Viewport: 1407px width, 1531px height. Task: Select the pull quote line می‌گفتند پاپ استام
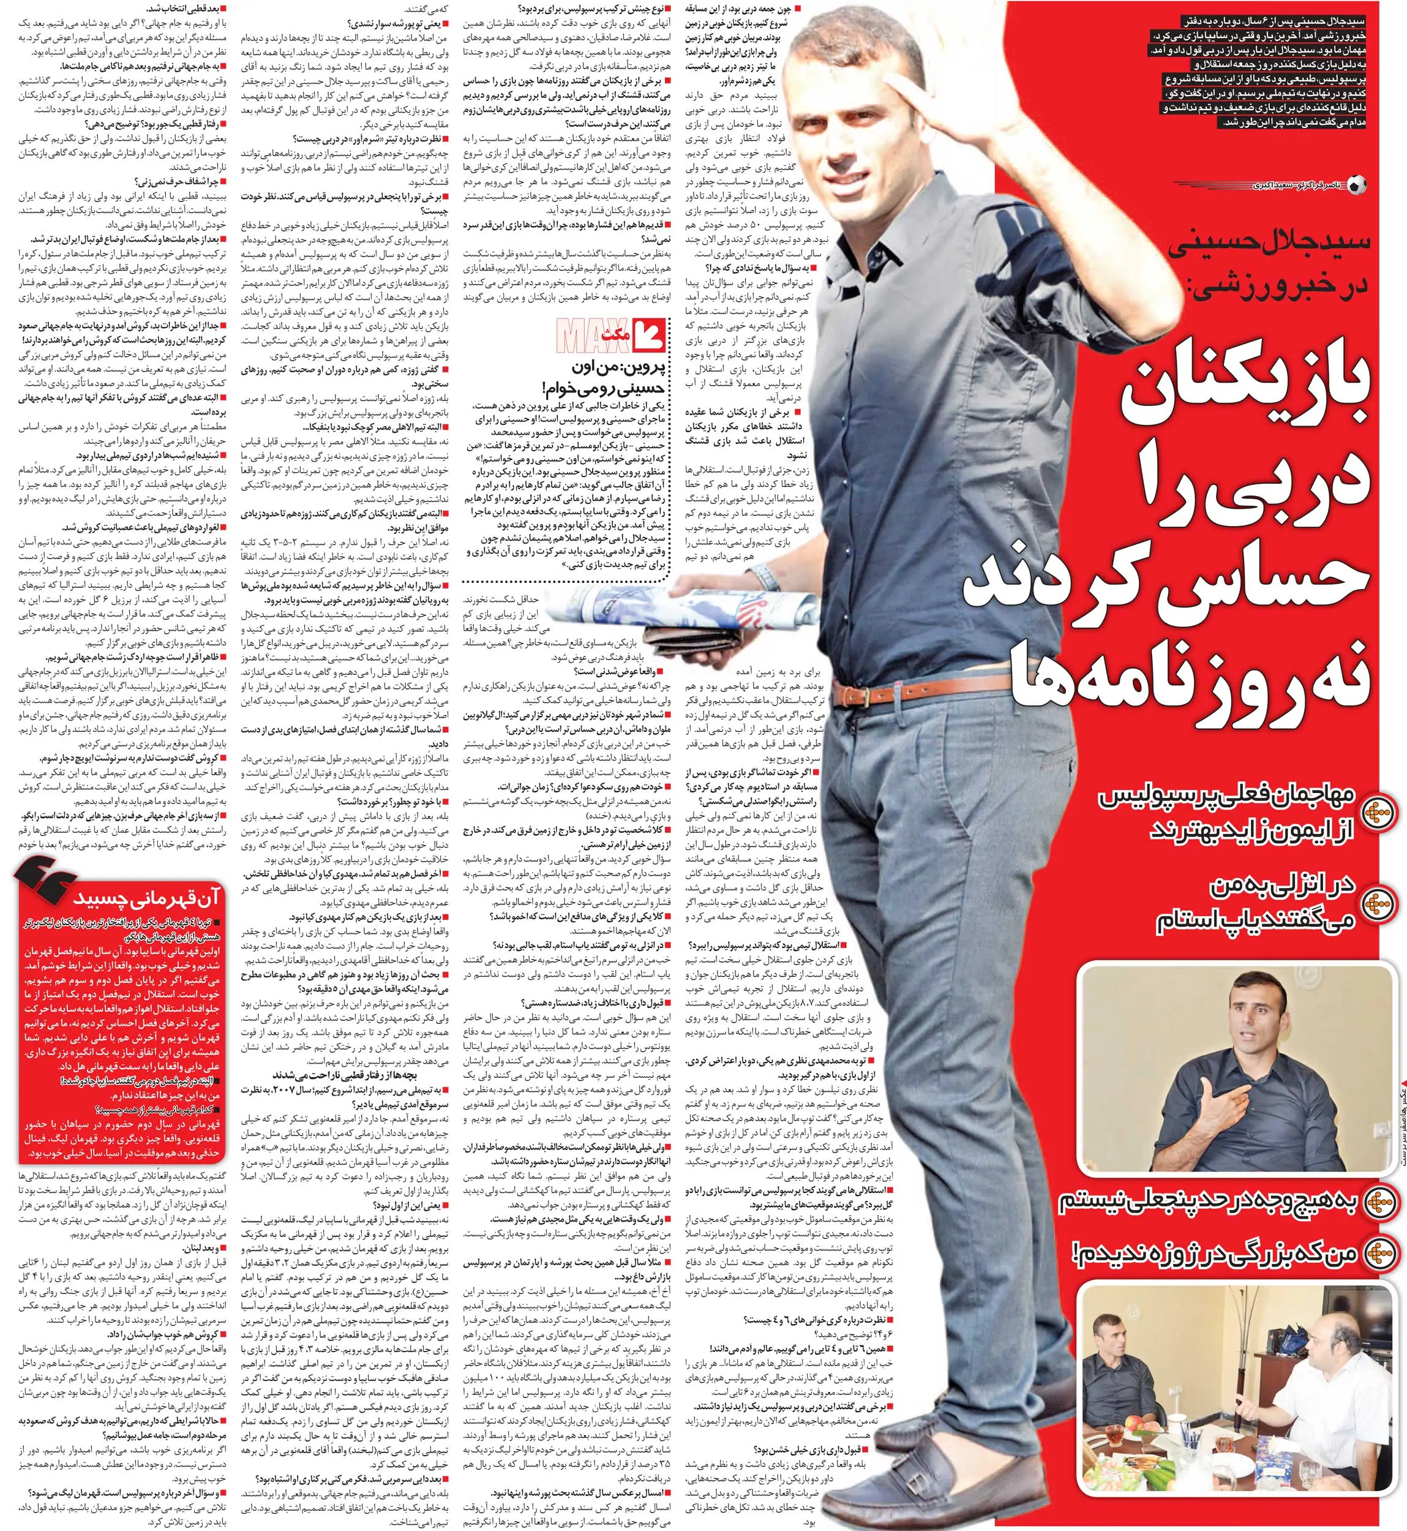[1256, 922]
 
